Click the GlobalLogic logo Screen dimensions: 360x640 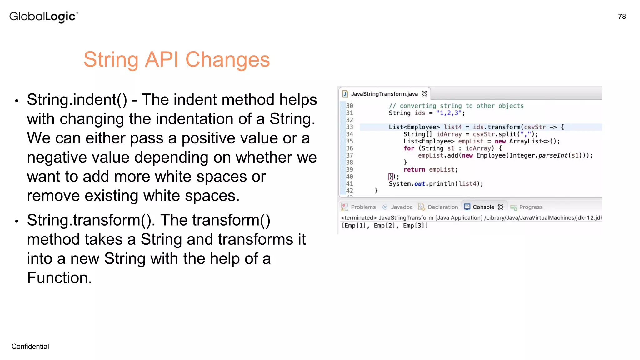click(x=43, y=17)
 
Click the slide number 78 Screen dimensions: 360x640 click(x=622, y=17)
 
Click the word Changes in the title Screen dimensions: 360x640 click(x=227, y=59)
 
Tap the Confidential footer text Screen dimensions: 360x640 click(x=30, y=346)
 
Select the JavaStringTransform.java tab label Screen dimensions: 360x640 click(x=384, y=94)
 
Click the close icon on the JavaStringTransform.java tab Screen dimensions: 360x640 click(x=424, y=94)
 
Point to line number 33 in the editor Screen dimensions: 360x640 click(x=349, y=127)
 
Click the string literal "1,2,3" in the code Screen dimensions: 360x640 click(x=449, y=113)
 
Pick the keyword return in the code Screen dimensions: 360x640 click(x=414, y=170)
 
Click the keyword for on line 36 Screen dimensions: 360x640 click(x=409, y=148)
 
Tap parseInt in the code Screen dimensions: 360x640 click(x=552, y=156)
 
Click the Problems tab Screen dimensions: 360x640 click(x=363, y=207)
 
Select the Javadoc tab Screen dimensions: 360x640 click(x=402, y=207)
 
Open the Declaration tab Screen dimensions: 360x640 click(x=442, y=207)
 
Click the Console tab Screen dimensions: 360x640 click(x=483, y=207)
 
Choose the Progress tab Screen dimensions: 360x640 click(x=531, y=207)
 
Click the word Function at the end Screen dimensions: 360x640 click(x=59, y=278)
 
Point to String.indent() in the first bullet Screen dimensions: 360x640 click(x=77, y=100)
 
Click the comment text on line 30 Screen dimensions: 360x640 click(x=456, y=106)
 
